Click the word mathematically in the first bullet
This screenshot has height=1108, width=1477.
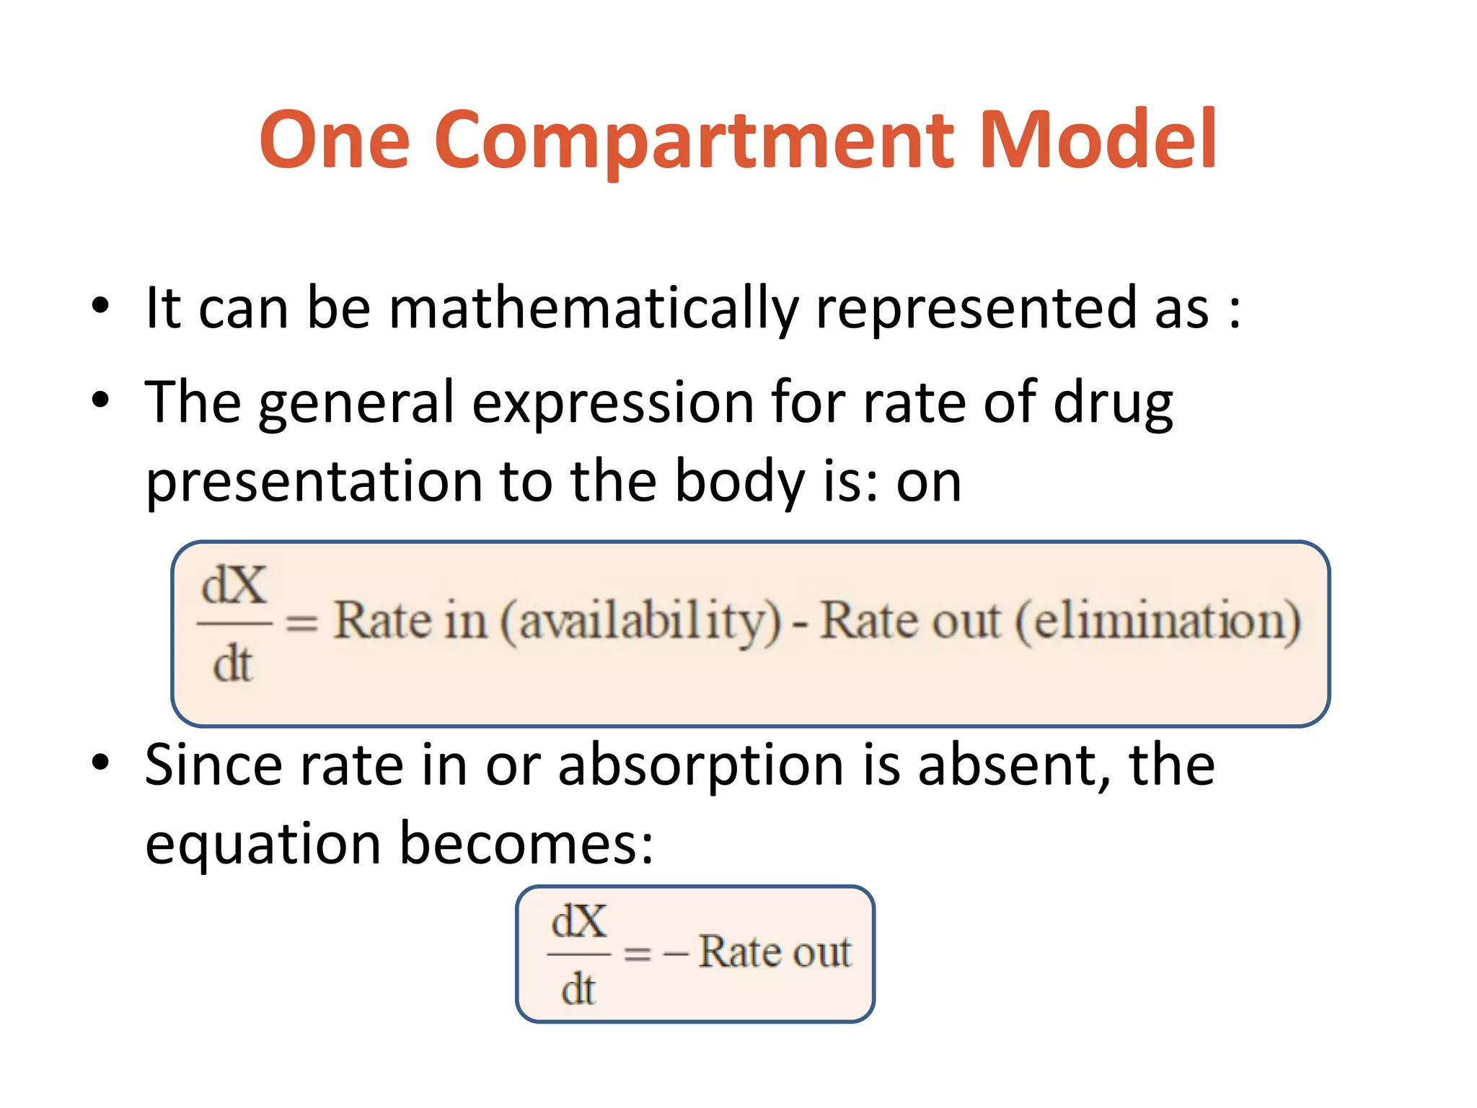coord(593,309)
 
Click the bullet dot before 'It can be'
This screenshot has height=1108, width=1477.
coord(100,306)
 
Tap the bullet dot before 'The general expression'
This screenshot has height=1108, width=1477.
coord(100,400)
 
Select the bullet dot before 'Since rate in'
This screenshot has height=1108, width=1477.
coord(100,762)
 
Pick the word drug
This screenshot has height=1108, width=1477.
coord(1113,403)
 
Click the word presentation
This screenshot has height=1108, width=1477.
coord(314,482)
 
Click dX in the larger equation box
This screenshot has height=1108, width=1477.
coord(234,585)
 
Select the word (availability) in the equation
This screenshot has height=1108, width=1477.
coord(641,622)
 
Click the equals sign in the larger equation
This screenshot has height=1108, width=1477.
coord(301,623)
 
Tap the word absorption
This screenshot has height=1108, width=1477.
coord(701,766)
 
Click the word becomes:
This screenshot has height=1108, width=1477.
coord(526,844)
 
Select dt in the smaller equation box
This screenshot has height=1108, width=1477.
coord(578,989)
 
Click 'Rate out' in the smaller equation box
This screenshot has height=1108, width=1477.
coord(775,952)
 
